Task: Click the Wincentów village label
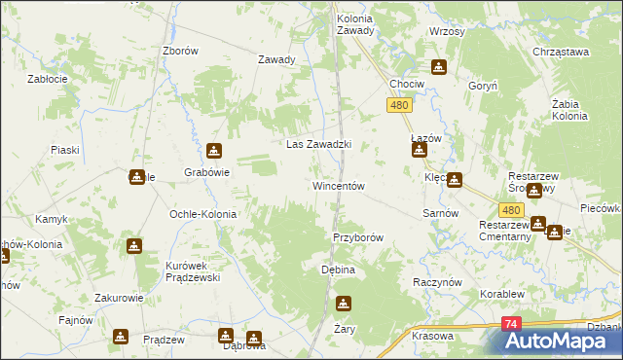[x=338, y=186]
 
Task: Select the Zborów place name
[x=181, y=51]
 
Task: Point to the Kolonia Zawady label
[x=355, y=24]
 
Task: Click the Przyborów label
[x=358, y=237]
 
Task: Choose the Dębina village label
[x=338, y=270]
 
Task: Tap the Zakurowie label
[x=120, y=299]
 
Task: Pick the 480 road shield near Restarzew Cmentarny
[x=511, y=209]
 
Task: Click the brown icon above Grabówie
[x=214, y=151]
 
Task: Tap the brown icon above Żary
[x=343, y=305]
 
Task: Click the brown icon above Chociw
[x=439, y=67]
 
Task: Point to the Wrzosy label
[x=447, y=31]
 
